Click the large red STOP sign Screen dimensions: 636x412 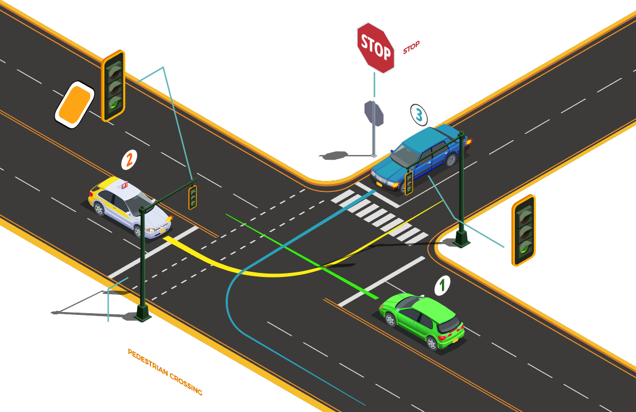pyautogui.click(x=375, y=48)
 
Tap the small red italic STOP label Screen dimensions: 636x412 pyautogui.click(x=412, y=48)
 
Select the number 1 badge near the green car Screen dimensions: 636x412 pyautogui.click(x=442, y=286)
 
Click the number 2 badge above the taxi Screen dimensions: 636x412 pyautogui.click(x=129, y=160)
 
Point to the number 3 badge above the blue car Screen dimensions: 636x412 pyautogui.click(x=419, y=115)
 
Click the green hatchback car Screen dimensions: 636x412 pyautogui.click(x=422, y=321)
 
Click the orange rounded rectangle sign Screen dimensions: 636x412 pyautogui.click(x=75, y=105)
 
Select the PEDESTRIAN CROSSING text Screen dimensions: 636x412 pyautogui.click(x=165, y=372)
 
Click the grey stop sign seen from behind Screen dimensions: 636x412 pyautogui.click(x=374, y=113)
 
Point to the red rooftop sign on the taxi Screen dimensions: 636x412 pyautogui.click(x=125, y=185)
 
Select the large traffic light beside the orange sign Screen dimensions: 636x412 pyautogui.click(x=113, y=86)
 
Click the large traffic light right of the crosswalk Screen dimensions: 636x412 pyautogui.click(x=523, y=230)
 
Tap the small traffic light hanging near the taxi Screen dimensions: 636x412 pyautogui.click(x=193, y=197)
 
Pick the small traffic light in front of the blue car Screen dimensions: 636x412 pyautogui.click(x=409, y=183)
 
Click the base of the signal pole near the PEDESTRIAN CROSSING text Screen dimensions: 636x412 pyautogui.click(x=142, y=313)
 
